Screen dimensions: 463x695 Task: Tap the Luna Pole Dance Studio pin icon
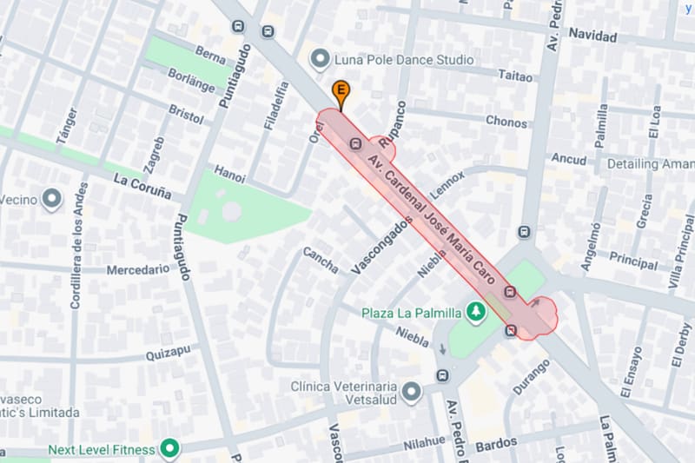(x=321, y=59)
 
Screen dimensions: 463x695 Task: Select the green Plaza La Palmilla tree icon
(x=475, y=311)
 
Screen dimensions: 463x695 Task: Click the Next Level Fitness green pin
(x=170, y=449)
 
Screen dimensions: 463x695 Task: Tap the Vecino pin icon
(x=52, y=200)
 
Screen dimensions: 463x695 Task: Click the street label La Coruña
(x=142, y=184)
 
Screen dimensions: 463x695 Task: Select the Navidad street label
(x=592, y=36)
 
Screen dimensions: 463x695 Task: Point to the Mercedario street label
(x=138, y=270)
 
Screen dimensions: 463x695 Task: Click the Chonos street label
(x=506, y=122)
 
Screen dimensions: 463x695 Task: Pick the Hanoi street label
(x=229, y=173)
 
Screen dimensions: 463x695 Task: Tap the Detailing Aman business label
(x=650, y=163)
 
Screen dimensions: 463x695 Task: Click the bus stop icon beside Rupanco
(x=355, y=143)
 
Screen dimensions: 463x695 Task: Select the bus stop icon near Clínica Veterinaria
(x=443, y=375)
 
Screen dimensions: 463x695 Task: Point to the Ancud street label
(x=569, y=159)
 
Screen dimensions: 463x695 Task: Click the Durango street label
(x=531, y=377)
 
